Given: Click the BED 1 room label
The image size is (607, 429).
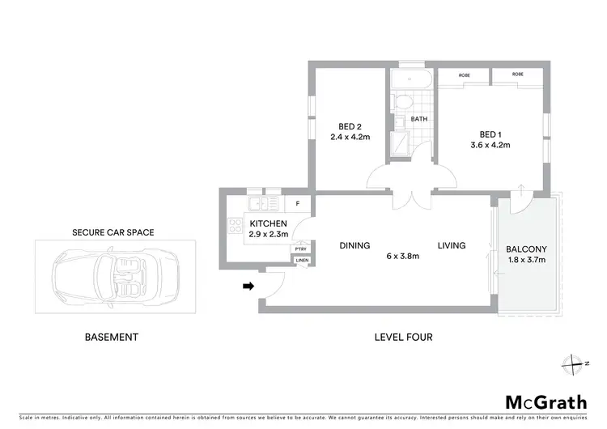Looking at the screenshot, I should click(x=488, y=134).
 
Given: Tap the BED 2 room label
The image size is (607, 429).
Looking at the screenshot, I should click(x=350, y=125).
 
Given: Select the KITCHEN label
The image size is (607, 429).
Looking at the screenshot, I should click(x=268, y=223).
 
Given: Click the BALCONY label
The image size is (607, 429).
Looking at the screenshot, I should click(x=526, y=249).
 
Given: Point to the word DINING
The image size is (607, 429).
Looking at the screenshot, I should click(x=354, y=245).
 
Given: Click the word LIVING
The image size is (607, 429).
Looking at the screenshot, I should click(x=452, y=245).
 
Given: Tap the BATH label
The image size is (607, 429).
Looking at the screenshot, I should click(x=418, y=119).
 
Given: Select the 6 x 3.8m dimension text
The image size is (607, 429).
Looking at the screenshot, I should click(x=403, y=257).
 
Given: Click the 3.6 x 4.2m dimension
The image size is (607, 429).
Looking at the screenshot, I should click(x=488, y=146).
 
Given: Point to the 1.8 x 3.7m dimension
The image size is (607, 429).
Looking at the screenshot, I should click(x=526, y=260).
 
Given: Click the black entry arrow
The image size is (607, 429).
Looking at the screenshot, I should click(x=249, y=286).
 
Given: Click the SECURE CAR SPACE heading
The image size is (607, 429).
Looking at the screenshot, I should click(x=112, y=232).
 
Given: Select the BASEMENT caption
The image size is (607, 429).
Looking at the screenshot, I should click(x=112, y=337).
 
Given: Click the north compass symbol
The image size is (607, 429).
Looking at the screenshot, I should click(x=575, y=363).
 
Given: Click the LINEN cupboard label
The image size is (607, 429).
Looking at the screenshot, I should click(x=301, y=260).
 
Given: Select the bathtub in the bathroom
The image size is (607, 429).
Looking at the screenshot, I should click(x=412, y=79).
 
